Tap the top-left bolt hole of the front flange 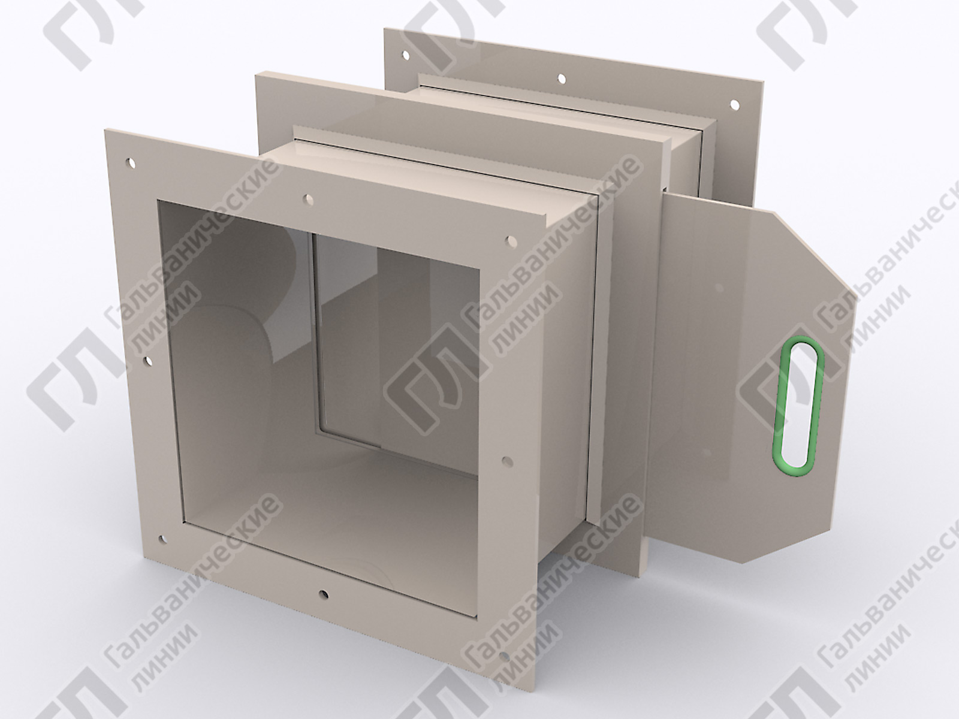(x=130, y=164)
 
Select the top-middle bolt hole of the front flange (x=309, y=200)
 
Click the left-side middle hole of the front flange (x=147, y=361)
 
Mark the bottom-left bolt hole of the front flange (x=162, y=540)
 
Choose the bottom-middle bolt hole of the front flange (x=323, y=594)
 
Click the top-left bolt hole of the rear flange (x=405, y=55)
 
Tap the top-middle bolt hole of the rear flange (x=562, y=79)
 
